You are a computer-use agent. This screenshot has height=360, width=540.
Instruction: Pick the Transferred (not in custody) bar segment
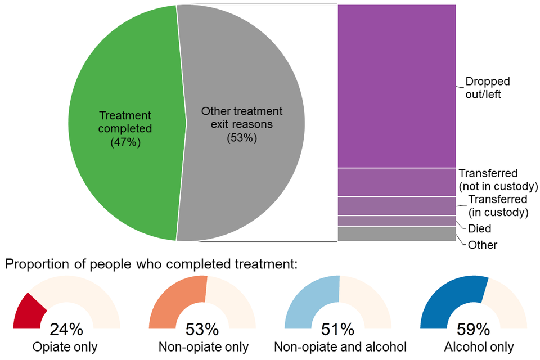tap(396, 182)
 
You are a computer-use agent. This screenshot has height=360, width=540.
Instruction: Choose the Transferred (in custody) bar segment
tap(396, 206)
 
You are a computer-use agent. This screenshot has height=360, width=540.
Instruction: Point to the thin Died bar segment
tap(396, 221)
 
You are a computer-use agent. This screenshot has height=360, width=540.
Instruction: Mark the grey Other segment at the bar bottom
tap(396, 234)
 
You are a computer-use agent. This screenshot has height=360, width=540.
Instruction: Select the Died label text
tap(479, 229)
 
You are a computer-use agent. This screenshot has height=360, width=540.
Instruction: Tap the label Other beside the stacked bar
tap(482, 245)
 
